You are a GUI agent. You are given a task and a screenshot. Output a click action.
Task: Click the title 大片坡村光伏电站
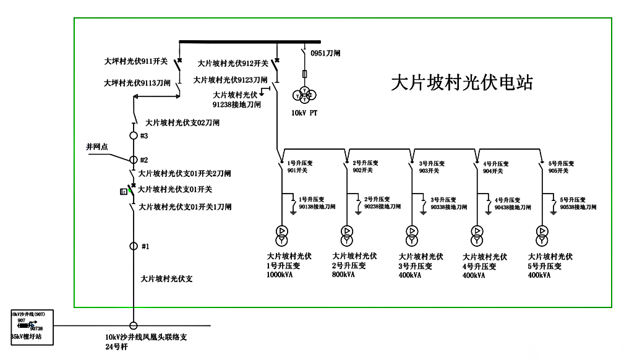[x=462, y=83]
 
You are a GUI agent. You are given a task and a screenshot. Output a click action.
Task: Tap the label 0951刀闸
[x=325, y=53]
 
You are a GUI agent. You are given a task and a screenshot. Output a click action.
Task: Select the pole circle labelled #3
[x=133, y=135]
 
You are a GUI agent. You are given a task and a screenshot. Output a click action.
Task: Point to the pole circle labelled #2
[x=133, y=160]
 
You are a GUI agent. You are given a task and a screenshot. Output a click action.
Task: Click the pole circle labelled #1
[x=133, y=246]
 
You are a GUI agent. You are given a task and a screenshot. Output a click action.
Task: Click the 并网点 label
[x=96, y=147]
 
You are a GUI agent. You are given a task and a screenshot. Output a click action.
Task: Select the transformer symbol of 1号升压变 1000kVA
[x=281, y=233]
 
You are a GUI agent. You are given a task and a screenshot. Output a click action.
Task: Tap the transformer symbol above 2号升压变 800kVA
[x=346, y=233]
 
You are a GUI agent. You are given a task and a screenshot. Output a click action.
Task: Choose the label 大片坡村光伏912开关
[x=233, y=63]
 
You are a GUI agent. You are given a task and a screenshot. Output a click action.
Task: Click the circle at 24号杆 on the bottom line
[x=133, y=325]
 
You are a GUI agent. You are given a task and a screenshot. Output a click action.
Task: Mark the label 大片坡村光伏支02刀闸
[x=182, y=123]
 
